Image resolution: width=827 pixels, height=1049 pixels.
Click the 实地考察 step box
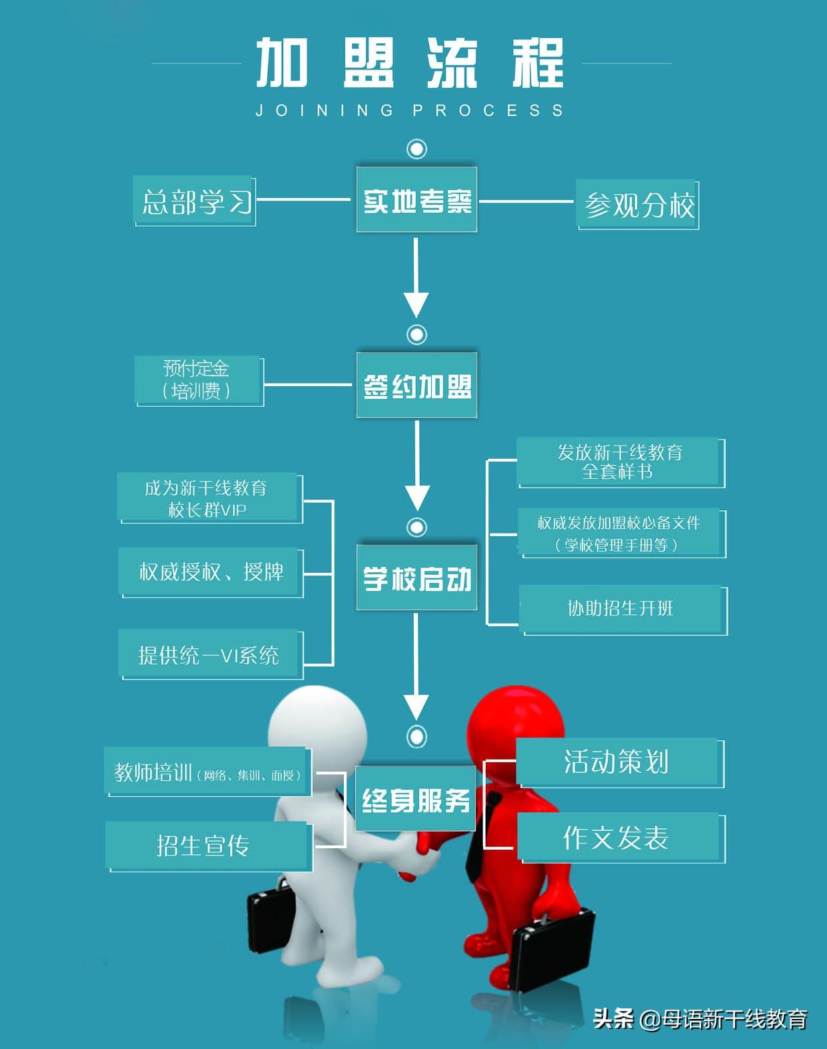tap(416, 200)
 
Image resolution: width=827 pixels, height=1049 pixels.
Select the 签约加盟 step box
tap(416, 385)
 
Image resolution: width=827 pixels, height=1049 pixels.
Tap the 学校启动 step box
tap(416, 578)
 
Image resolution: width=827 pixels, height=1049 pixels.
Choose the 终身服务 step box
tap(415, 799)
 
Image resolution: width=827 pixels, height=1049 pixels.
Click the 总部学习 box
tap(195, 201)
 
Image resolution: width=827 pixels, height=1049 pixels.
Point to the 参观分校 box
tap(638, 205)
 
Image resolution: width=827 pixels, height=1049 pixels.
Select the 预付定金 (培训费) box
tap(198, 380)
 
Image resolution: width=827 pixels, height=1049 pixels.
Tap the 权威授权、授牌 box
tap(211, 572)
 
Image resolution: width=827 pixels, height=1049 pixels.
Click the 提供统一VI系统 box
tap(209, 655)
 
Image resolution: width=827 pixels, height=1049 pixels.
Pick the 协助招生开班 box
tap(621, 609)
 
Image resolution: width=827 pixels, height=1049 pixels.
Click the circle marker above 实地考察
tap(417, 149)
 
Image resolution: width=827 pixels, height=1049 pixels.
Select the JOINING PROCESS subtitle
tap(410, 111)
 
